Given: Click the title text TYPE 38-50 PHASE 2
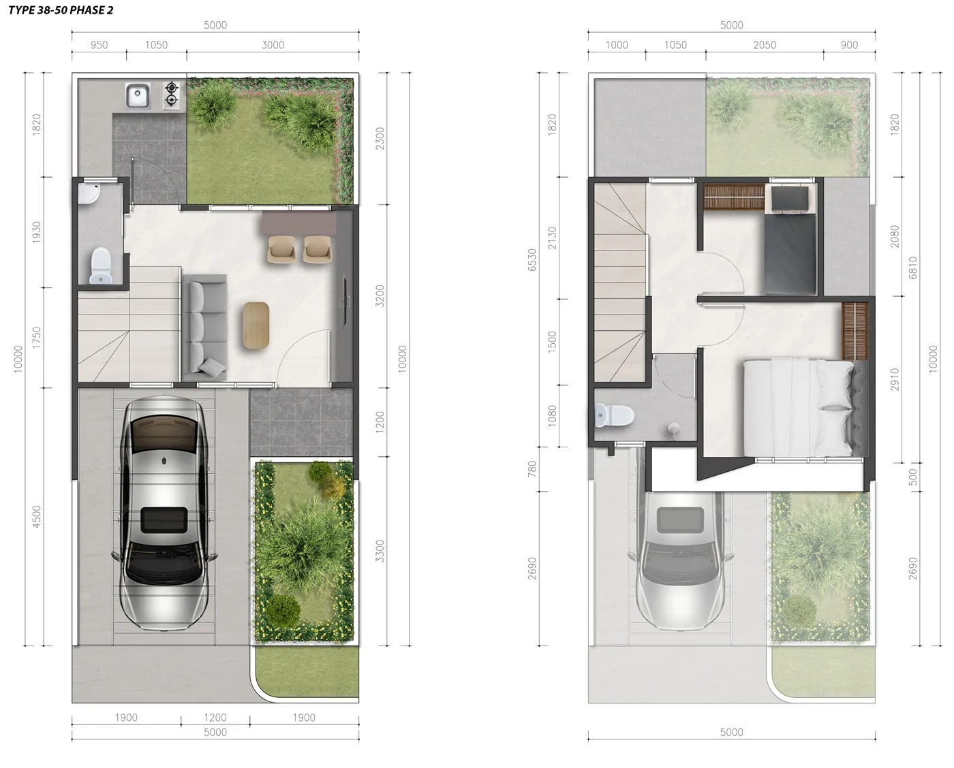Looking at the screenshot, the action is (x=61, y=10).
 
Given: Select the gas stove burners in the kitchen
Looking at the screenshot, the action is (x=171, y=95).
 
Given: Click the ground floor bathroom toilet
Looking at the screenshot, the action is (x=101, y=266).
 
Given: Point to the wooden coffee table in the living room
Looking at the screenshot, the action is (x=256, y=325).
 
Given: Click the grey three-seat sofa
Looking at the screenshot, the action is (x=205, y=327).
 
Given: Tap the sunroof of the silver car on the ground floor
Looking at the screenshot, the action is (x=164, y=520).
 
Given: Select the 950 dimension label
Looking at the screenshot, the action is (x=99, y=45).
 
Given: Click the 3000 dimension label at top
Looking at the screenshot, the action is (x=273, y=45).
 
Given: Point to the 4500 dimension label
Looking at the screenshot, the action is (x=36, y=517).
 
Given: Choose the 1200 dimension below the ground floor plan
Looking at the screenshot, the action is (x=215, y=717).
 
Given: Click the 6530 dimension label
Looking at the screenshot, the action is (x=532, y=260).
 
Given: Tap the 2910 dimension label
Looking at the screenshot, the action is (x=895, y=379).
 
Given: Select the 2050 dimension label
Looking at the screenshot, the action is (x=765, y=45).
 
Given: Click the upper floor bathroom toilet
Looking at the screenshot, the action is (x=615, y=415).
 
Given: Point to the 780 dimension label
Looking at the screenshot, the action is (x=532, y=468).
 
